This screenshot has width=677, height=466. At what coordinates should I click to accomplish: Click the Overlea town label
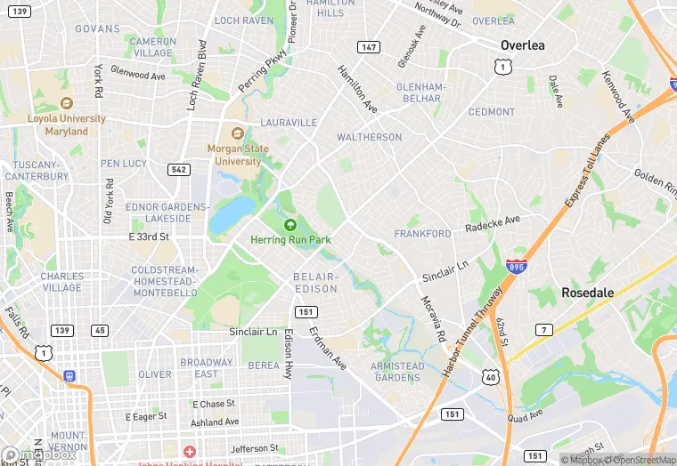tap(523, 44)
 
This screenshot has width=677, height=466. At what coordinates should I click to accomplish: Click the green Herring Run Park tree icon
tap(290, 225)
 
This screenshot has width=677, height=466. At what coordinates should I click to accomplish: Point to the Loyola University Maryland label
tap(67, 125)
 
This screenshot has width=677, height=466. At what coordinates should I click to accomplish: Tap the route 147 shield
tap(368, 46)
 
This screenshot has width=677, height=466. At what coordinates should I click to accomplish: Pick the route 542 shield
tap(179, 169)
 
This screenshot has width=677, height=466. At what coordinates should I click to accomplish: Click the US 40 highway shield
tap(491, 378)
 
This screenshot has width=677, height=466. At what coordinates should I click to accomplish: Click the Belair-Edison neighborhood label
tap(316, 283)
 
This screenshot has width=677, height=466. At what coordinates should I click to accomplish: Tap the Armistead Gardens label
tap(396, 372)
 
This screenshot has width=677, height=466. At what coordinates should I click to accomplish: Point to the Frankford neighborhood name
tap(423, 234)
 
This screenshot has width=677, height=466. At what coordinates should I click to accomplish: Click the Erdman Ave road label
tap(327, 347)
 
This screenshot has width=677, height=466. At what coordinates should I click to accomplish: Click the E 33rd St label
tap(149, 237)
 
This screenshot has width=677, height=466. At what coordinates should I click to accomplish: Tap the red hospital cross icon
tap(189, 453)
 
